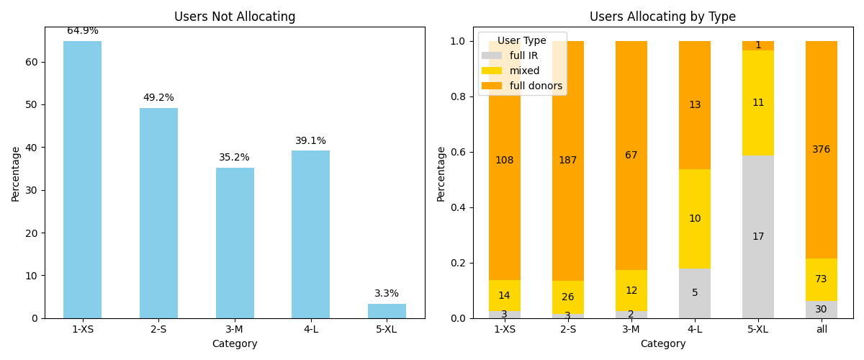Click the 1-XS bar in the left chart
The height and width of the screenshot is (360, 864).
coord(82,180)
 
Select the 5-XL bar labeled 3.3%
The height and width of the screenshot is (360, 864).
coord(387,311)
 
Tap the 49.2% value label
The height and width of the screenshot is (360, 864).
coord(158,98)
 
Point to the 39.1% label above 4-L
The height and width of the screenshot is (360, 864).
coord(310,141)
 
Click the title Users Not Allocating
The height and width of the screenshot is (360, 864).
coord(235,17)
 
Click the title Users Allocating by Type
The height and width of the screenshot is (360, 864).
coord(662,17)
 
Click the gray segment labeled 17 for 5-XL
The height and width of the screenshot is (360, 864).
coord(758,237)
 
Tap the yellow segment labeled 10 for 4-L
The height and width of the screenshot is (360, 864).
coord(695,219)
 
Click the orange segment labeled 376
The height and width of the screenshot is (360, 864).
coord(822,150)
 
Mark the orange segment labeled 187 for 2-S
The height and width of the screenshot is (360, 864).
coord(568,161)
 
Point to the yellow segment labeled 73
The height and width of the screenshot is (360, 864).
coord(822,279)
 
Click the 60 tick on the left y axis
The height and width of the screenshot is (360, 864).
coord(32,62)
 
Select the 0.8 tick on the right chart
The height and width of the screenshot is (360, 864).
coord(458,96)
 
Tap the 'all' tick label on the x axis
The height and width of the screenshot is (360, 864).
coord(822,329)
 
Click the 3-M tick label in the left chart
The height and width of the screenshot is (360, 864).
coord(235,329)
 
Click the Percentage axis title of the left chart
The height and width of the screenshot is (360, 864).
coord(16,174)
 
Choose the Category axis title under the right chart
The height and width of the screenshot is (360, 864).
coord(662,344)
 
